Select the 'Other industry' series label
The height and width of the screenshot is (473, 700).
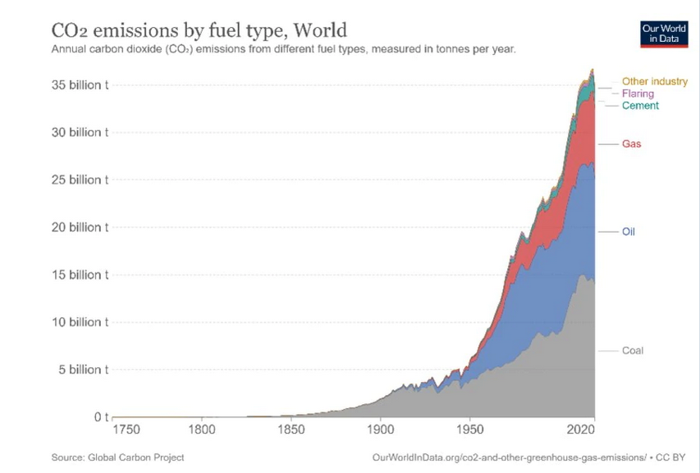coord(654,81)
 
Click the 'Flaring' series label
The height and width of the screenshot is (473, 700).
coord(638,93)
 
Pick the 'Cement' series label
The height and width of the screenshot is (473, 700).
coord(640,106)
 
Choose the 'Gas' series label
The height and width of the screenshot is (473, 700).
coord(631,144)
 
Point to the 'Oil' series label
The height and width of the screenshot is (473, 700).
coord(628,232)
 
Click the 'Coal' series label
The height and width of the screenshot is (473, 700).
coord(632,351)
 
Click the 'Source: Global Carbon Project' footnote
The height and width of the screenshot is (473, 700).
coord(118,457)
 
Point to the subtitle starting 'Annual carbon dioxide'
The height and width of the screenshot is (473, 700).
coord(283,49)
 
